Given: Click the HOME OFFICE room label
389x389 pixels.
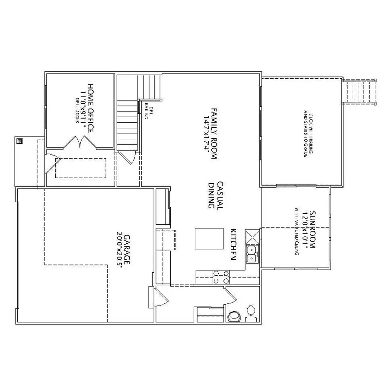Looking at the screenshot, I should point(91,108).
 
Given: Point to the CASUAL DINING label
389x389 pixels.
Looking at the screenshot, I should point(215,195).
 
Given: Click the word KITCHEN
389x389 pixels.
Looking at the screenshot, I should point(233,244).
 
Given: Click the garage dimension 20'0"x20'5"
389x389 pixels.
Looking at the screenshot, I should point(119,251).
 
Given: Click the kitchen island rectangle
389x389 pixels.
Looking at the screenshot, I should point(205,238).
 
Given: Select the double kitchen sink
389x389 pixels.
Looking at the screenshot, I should point(252,254).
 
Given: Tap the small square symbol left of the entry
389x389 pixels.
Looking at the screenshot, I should point(19,140).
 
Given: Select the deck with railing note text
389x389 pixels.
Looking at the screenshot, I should point(307,134).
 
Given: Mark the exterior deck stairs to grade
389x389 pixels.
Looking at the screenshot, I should point(359,92).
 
